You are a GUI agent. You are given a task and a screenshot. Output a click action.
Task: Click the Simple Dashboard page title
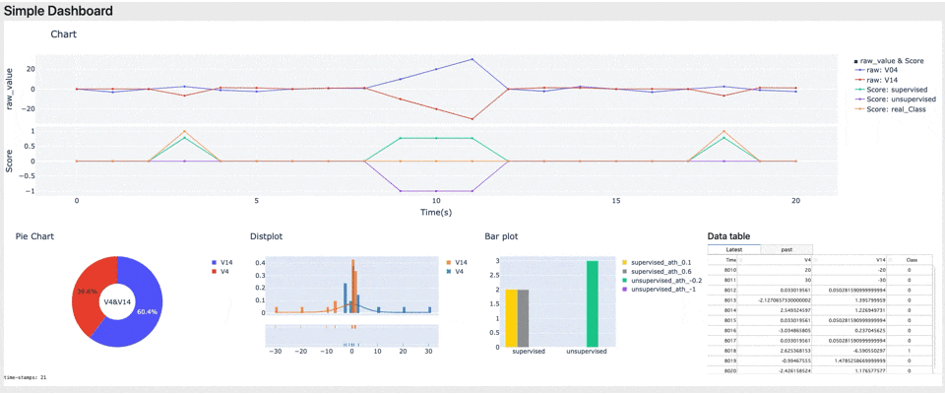(x=58, y=12)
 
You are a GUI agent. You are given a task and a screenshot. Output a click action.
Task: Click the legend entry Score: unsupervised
(x=895, y=99)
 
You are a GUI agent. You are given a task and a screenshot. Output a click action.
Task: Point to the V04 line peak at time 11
(x=472, y=59)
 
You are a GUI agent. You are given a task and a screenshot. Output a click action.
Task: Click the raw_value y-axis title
(x=11, y=89)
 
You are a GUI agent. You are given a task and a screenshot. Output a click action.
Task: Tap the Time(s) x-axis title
(x=436, y=212)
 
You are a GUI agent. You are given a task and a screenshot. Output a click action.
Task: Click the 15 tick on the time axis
(x=616, y=201)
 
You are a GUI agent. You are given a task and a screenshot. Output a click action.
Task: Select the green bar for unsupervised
(x=592, y=304)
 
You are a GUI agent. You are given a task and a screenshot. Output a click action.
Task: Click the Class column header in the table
(x=912, y=259)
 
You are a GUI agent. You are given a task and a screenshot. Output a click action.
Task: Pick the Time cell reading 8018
(x=729, y=349)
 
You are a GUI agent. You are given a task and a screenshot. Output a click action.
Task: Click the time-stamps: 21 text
(x=26, y=377)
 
